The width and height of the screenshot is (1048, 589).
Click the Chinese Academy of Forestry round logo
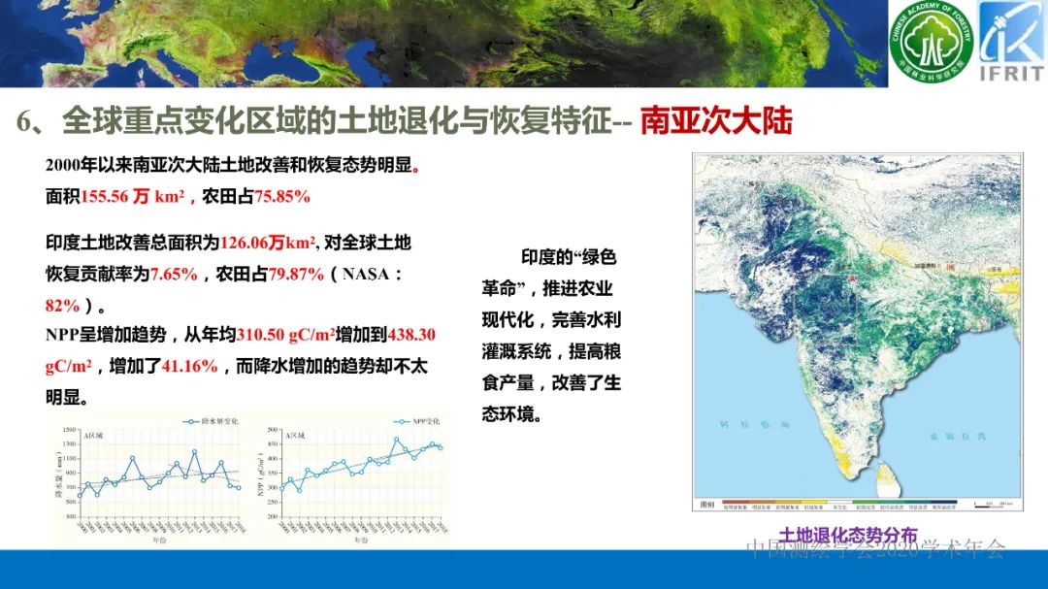931,43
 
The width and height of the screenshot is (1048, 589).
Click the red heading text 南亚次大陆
716,121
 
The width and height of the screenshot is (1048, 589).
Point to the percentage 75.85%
281,196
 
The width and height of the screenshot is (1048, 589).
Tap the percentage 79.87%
296,274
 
